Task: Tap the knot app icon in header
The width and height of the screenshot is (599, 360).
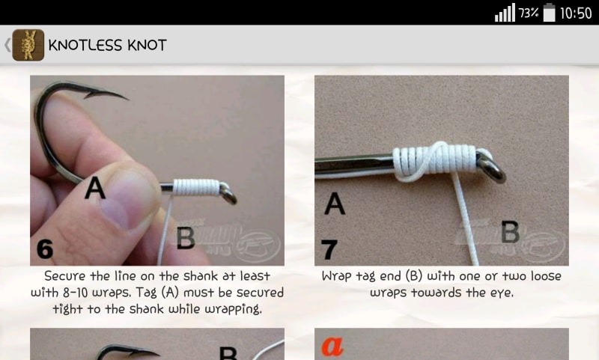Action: [x=28, y=45]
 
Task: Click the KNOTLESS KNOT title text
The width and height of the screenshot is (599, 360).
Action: [x=107, y=45]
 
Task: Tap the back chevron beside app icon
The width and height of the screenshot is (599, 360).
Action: [x=7, y=45]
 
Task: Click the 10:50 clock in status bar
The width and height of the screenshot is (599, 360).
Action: [x=576, y=13]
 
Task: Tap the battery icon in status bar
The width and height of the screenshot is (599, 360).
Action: [x=550, y=13]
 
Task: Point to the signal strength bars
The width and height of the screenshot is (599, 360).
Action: [x=505, y=13]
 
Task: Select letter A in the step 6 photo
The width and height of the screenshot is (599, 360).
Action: [x=95, y=188]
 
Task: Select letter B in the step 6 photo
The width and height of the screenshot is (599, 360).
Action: [x=186, y=238]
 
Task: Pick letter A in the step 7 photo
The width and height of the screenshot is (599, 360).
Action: [x=335, y=203]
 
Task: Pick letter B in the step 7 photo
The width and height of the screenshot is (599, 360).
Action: [x=511, y=232]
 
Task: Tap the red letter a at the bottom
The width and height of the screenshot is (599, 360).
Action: [x=332, y=346]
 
